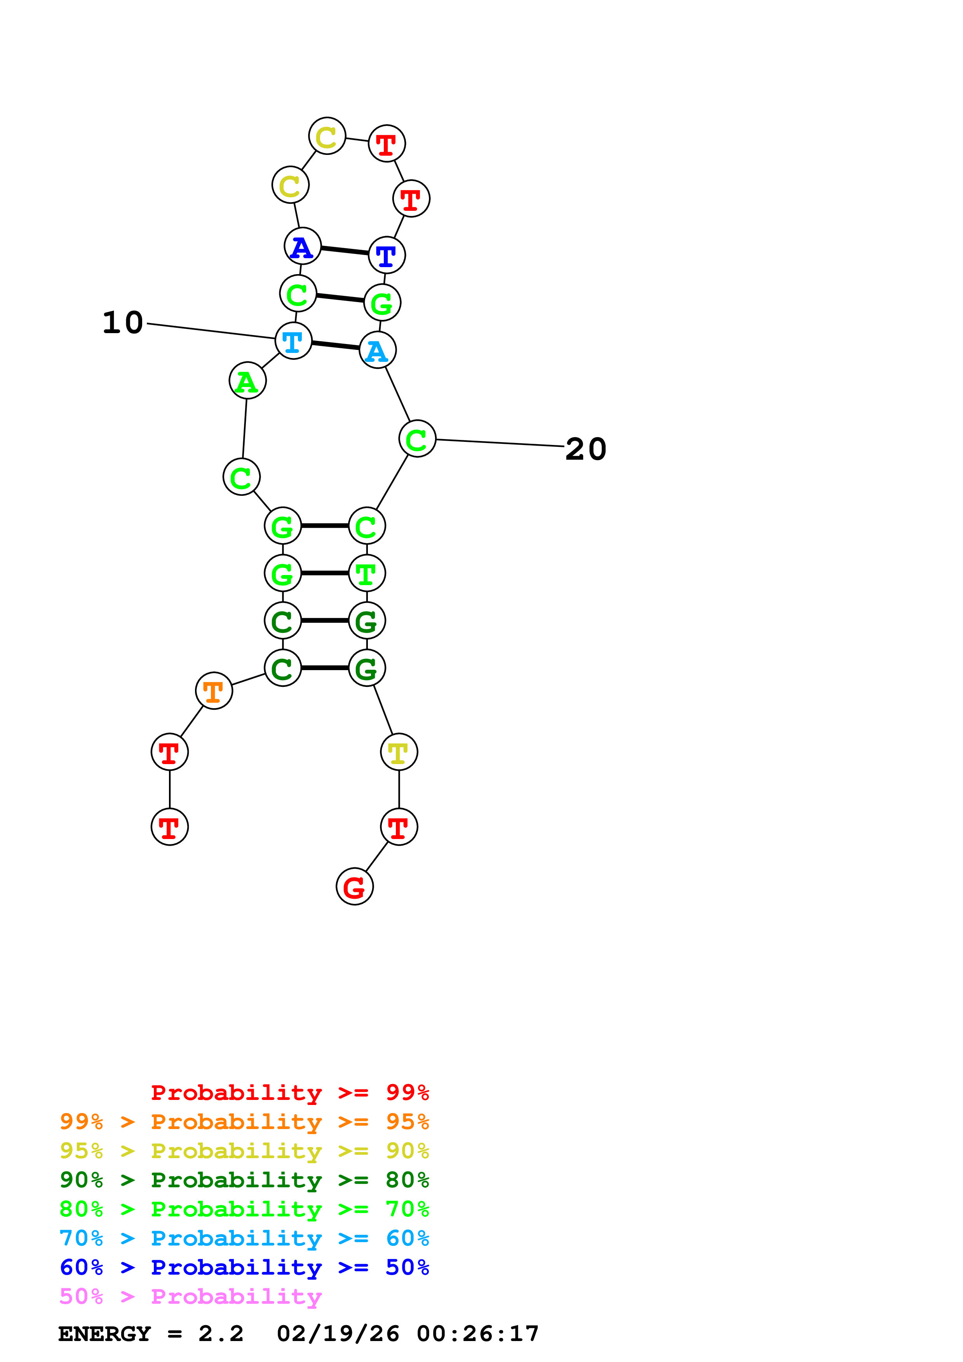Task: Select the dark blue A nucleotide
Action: point(303,246)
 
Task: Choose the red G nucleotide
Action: point(355,887)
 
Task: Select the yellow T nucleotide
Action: point(399,752)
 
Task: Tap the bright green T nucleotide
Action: point(367,573)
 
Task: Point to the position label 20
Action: point(586,449)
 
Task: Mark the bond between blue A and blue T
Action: point(345,250)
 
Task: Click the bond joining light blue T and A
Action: point(335,345)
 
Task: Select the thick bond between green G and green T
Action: point(324,573)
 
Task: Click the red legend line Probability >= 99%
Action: point(289,1092)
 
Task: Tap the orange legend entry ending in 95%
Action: point(244,1121)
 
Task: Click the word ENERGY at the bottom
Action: point(104,1334)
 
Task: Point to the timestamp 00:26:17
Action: point(478,1334)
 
